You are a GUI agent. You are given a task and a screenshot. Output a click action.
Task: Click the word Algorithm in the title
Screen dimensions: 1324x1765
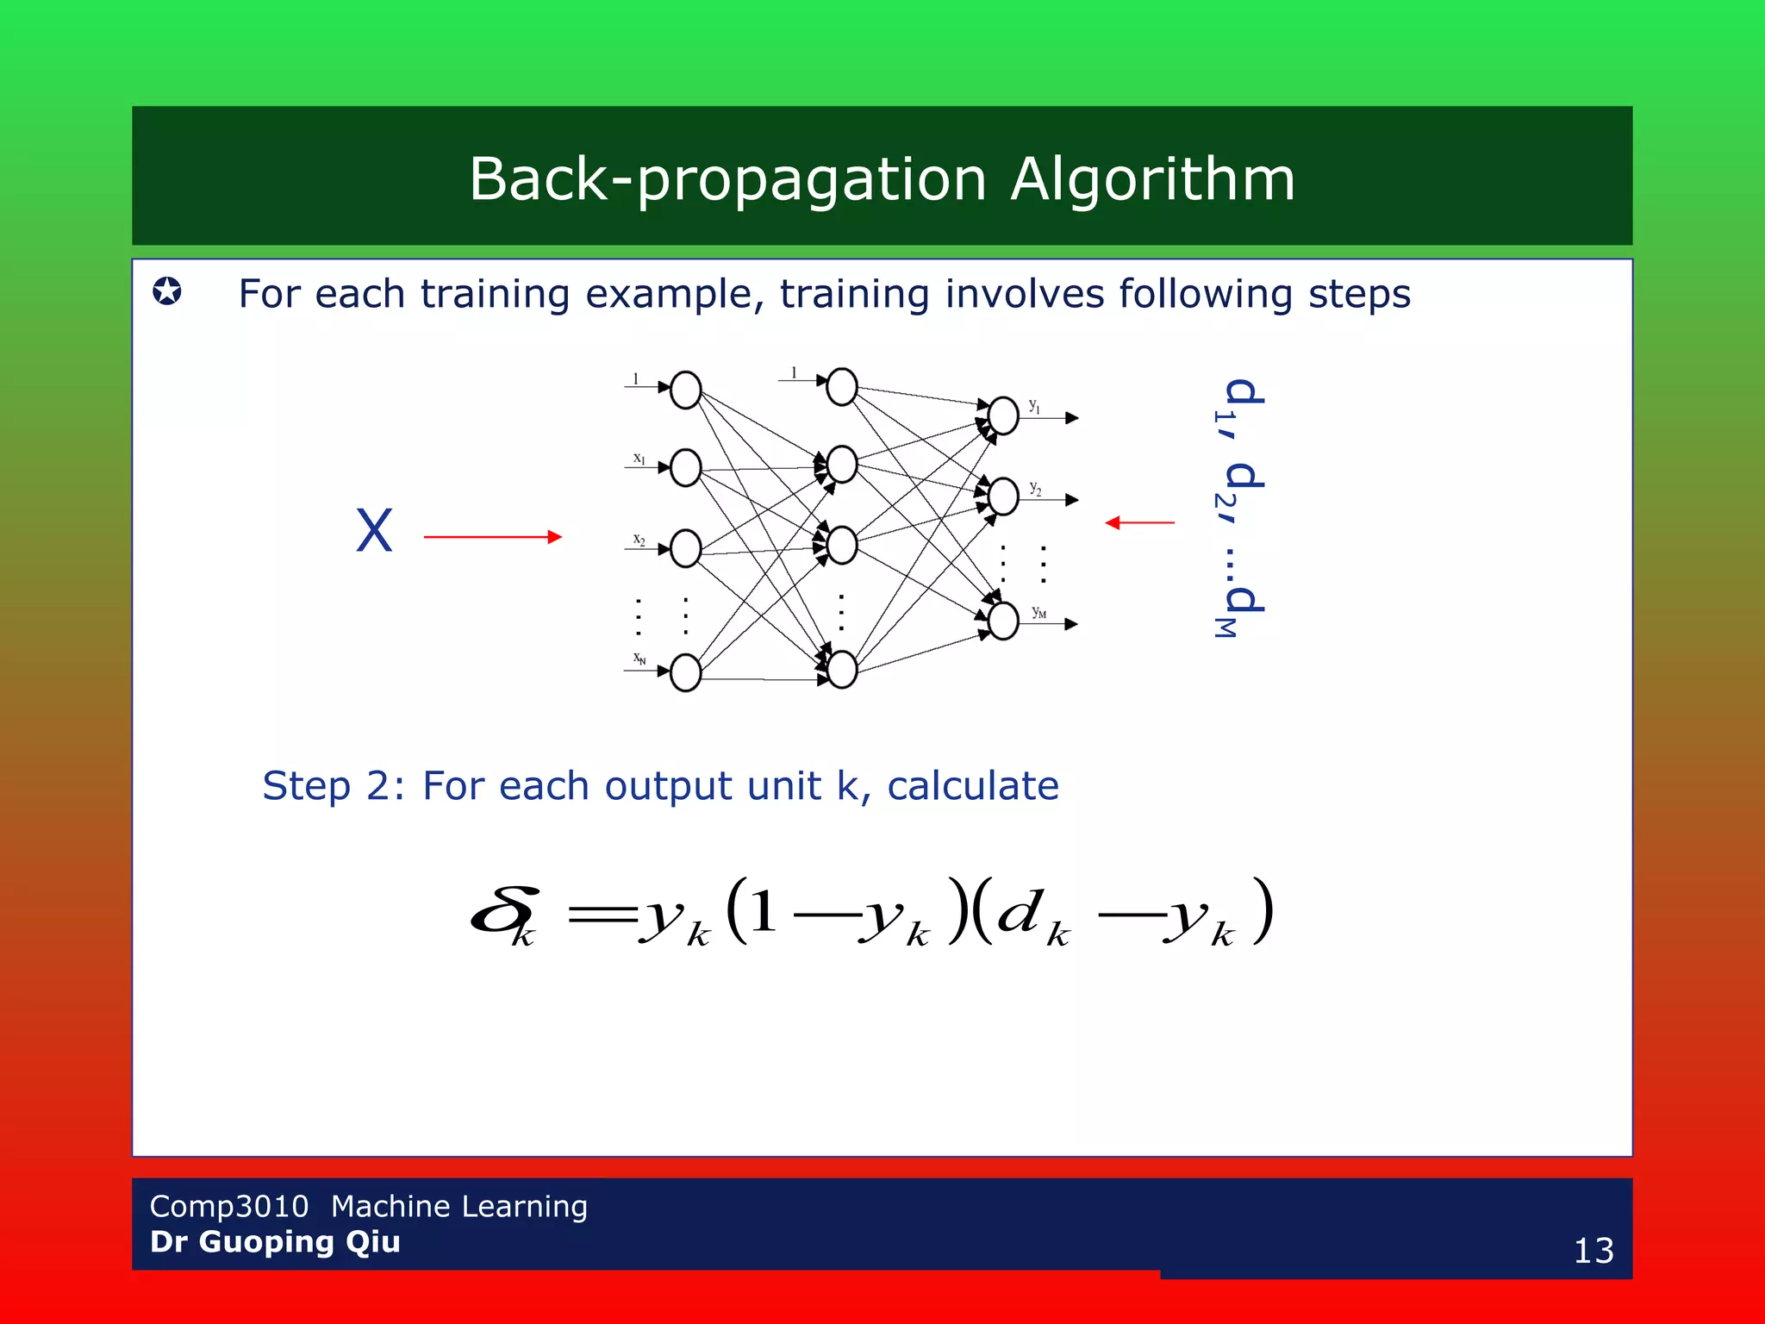[1152, 179]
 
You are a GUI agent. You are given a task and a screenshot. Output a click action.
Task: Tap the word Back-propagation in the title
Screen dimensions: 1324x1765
[727, 179]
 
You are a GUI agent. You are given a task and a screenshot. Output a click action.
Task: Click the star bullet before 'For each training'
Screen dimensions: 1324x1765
[167, 291]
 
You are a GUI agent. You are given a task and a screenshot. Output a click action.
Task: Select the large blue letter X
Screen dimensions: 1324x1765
[374, 531]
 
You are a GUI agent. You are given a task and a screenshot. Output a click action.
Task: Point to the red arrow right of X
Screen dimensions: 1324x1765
[492, 537]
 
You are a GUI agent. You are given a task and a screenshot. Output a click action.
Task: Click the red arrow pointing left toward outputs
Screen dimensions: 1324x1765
[1139, 522]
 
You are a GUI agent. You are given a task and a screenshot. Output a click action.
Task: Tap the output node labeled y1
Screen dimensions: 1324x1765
[1003, 416]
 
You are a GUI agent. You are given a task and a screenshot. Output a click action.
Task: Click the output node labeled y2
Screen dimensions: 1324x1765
[1003, 496]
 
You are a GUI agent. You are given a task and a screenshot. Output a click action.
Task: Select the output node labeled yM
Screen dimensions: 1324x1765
[1003, 621]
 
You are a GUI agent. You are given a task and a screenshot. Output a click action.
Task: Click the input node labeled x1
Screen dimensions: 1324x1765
[685, 468]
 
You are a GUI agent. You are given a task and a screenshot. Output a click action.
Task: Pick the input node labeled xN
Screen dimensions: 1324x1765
[685, 672]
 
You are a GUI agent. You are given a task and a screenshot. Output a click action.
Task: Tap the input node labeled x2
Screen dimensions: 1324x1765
[685, 549]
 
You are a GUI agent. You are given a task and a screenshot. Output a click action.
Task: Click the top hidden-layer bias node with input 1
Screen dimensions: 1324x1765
[841, 387]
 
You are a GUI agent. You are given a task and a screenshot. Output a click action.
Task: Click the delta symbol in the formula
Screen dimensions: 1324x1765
[504, 912]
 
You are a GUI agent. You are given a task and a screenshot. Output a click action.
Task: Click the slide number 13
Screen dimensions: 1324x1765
[1593, 1251]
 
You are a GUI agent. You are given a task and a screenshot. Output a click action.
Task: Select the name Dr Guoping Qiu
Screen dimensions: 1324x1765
[275, 1242]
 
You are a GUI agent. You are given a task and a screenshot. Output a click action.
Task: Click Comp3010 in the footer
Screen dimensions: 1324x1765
[228, 1206]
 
